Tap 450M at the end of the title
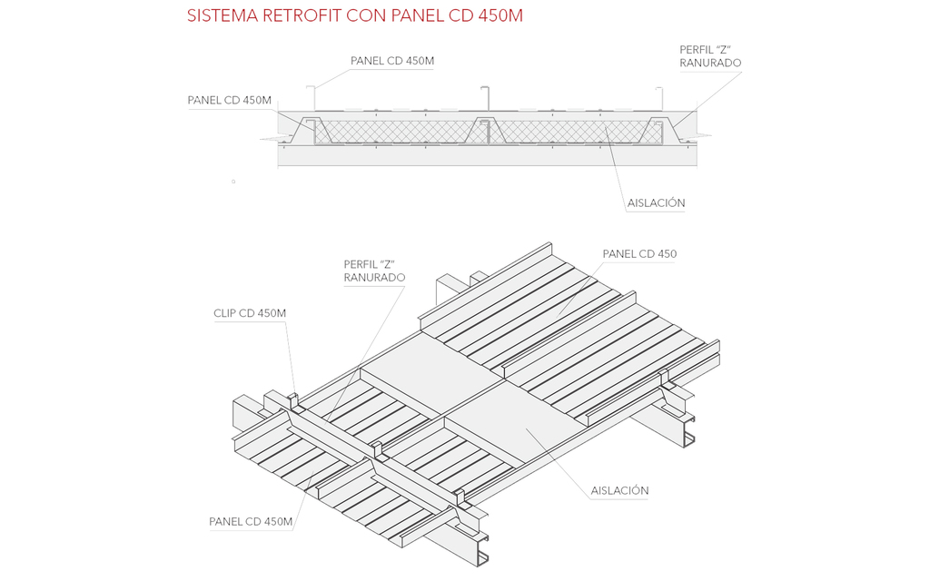point(500,16)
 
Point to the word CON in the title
point(367,16)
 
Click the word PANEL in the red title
point(420,16)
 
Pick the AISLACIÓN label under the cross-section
point(656,203)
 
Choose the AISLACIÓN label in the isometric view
point(619,491)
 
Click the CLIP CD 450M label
point(250,314)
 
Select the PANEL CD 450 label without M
point(639,254)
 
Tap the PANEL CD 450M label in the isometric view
point(251,522)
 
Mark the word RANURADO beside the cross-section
point(710,64)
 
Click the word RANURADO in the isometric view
point(374,278)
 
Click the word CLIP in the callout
point(225,314)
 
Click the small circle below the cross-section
point(233,182)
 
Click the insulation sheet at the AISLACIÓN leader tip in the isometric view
point(527,428)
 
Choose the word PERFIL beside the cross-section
point(698,49)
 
